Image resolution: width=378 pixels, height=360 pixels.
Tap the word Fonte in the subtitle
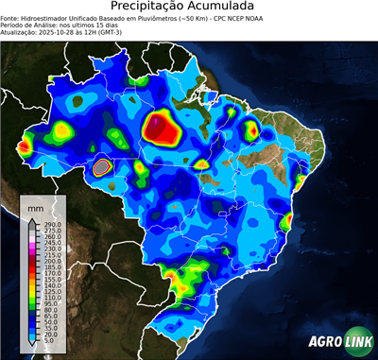(x=10, y=17)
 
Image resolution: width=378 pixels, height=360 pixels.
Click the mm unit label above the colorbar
(x=35, y=207)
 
